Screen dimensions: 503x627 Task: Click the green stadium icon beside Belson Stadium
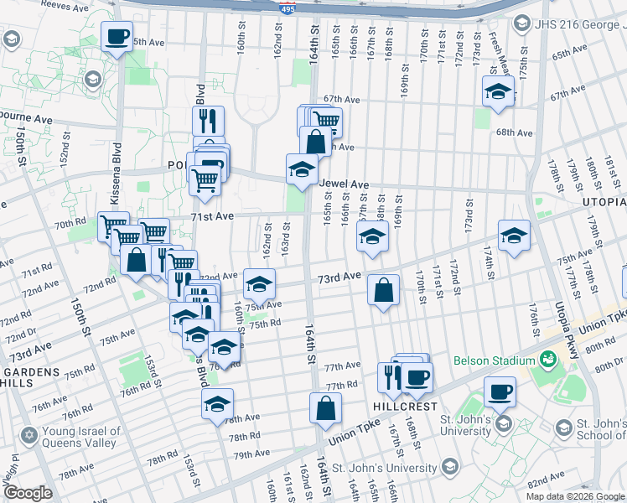[548, 360]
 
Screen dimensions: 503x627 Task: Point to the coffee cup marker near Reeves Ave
[117, 37]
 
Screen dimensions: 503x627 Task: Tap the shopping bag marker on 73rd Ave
[383, 291]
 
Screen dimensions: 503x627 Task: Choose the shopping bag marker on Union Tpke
[325, 408]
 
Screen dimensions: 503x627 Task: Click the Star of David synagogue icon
[30, 436]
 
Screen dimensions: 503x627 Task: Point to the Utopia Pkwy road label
[565, 327]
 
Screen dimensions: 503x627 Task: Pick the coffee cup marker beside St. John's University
[500, 392]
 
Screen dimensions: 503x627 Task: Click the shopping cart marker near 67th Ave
[327, 121]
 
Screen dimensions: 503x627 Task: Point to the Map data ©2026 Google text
[575, 496]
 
